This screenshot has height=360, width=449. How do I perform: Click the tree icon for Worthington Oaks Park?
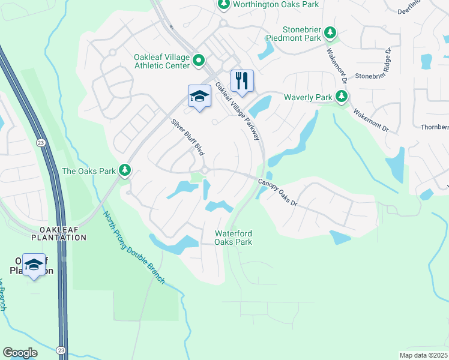click(x=224, y=5)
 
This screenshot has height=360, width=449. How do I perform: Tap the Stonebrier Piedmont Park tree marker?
click(x=330, y=33)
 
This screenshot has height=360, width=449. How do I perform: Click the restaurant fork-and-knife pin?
click(x=242, y=80)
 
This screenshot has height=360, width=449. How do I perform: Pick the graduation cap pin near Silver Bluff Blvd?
click(x=199, y=96)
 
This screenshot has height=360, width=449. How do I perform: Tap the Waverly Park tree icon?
click(x=342, y=97)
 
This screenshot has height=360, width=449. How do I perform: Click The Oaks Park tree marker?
click(x=125, y=171)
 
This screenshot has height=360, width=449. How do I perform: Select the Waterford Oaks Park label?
click(x=234, y=238)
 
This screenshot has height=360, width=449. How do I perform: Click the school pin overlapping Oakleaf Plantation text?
click(x=34, y=264)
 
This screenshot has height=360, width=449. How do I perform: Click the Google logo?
click(x=20, y=353)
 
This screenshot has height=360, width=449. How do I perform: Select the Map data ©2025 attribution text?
click(x=423, y=355)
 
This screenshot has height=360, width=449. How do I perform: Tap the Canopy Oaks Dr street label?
click(x=278, y=193)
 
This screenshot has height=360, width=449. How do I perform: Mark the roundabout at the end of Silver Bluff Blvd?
click(x=205, y=171)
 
